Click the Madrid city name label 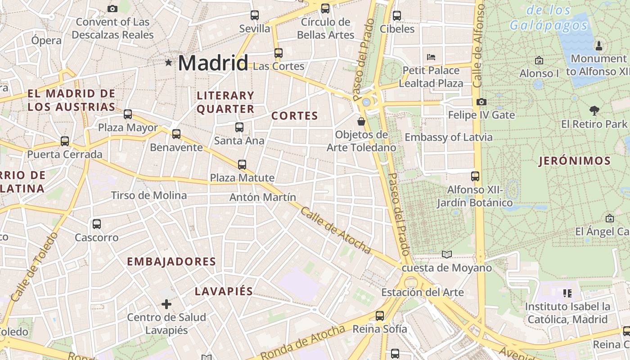[213, 63]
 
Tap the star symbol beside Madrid [169, 63]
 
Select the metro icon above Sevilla [255, 15]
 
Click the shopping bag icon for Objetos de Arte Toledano [361, 121]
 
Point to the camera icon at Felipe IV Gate [481, 102]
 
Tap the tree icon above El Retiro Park [594, 110]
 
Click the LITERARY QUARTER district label [225, 102]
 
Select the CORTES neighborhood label [295, 116]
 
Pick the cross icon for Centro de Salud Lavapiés [166, 304]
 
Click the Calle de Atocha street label [336, 230]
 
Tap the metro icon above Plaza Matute [242, 164]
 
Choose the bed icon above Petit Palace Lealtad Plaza [431, 57]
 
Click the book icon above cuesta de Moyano [446, 255]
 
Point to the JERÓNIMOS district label [575, 161]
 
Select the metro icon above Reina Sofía [380, 315]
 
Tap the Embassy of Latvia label [449, 137]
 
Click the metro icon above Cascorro [96, 224]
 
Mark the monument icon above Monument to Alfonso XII [598, 45]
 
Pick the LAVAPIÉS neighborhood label [224, 291]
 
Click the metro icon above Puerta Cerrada [65, 141]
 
